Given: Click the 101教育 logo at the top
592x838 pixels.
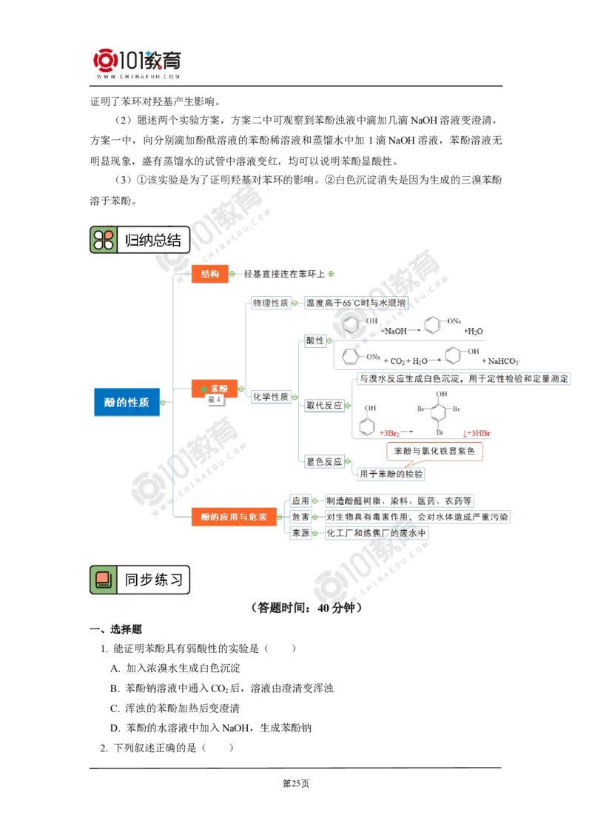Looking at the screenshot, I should coord(139,62).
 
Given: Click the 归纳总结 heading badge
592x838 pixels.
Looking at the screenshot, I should coord(141,240).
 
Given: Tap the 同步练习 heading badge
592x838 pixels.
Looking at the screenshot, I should coord(141,580).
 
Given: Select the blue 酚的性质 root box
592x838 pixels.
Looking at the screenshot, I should coord(127,403).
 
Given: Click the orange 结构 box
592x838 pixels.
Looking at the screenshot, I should coord(210,274).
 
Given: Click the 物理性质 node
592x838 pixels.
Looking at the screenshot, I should coord(271,303).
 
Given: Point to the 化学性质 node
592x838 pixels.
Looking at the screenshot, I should coord(271,396).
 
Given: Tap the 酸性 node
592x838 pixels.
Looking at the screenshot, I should coord(317,340).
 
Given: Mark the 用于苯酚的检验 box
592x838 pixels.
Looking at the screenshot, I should coord(390,473).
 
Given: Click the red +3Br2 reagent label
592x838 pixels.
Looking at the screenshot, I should coord(390,431).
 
